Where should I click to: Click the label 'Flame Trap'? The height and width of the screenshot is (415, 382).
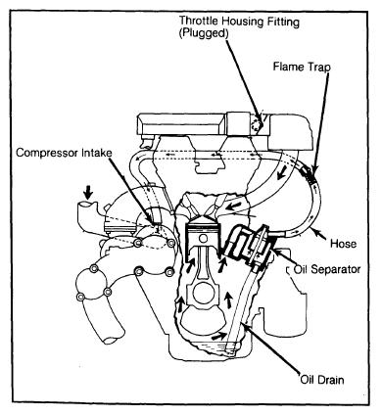[302, 67]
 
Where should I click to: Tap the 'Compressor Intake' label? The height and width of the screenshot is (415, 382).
[64, 153]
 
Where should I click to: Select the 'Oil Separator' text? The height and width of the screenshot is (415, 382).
[327, 269]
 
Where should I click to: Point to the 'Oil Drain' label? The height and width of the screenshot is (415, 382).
[322, 380]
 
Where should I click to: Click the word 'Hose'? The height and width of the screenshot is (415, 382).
[343, 244]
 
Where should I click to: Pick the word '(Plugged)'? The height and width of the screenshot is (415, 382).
[204, 33]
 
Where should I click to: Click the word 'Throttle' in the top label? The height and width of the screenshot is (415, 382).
[199, 22]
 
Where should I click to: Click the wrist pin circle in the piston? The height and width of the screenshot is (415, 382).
[204, 239]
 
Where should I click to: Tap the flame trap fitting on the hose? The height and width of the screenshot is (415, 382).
[309, 175]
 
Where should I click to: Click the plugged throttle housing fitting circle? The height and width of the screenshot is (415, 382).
[258, 124]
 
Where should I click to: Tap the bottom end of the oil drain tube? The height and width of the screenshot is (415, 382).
[231, 351]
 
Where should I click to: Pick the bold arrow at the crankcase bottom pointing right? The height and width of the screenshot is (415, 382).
[218, 336]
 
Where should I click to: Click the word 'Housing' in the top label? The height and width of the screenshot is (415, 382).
[241, 22]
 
